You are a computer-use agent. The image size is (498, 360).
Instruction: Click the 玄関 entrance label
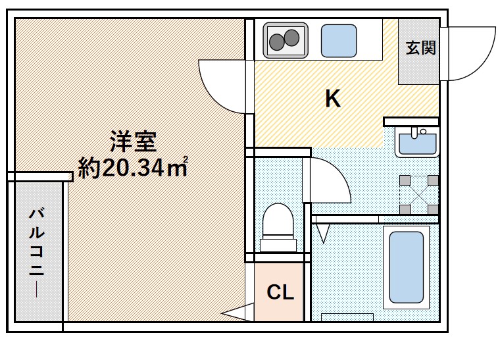(x=420, y=49)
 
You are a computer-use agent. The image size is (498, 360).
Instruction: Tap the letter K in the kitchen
(x=333, y=99)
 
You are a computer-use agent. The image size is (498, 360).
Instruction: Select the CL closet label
(x=280, y=292)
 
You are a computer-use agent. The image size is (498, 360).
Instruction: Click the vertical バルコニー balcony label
(x=37, y=253)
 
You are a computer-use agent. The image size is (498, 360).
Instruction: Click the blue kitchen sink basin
(x=338, y=41)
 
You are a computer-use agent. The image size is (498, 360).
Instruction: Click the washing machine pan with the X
(x=419, y=194)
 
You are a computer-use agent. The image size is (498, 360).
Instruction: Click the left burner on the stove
(x=278, y=42)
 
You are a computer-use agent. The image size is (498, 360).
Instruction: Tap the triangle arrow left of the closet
(x=236, y=314)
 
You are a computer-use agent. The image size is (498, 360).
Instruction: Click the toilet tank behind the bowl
(x=278, y=245)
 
